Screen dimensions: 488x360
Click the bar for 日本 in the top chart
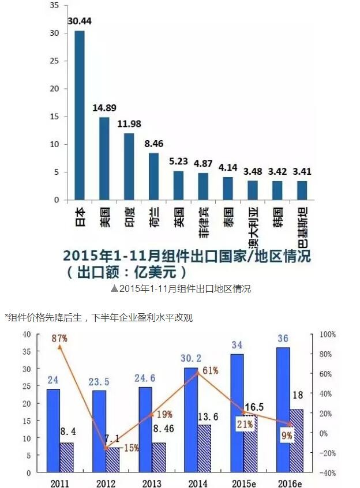[80, 115]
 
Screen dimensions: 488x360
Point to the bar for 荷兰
[154, 177]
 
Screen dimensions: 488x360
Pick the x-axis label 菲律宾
[204, 222]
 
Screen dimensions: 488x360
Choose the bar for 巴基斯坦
[302, 190]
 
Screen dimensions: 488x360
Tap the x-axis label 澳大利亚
[253, 227]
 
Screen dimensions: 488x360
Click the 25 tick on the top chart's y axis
[55, 61]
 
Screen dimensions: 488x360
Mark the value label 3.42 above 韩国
[277, 171]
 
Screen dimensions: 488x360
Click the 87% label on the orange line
[59, 339]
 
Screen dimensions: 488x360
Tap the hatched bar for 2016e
[296, 441]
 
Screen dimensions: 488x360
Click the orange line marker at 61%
[198, 373]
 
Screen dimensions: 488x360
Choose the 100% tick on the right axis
[328, 335]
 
